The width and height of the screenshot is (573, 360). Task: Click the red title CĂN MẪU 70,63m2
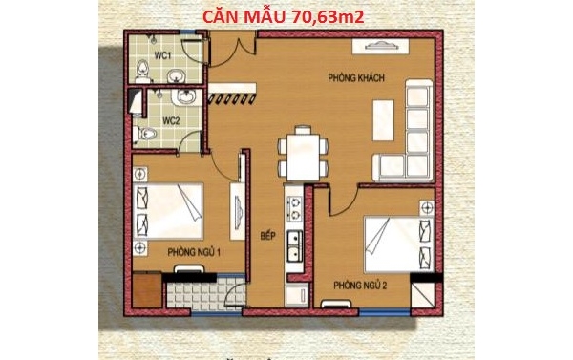[284, 17]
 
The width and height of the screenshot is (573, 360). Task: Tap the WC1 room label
[163, 55]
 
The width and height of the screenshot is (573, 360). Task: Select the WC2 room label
[171, 121]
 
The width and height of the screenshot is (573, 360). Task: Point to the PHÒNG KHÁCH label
[356, 78]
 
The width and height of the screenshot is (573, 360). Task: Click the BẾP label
[267, 236]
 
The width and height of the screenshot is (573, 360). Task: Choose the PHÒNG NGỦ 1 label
[194, 252]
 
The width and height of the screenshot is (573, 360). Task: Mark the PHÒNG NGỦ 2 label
[360, 286]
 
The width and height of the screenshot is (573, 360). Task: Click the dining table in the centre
[303, 156]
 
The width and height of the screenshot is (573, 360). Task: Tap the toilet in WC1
[142, 72]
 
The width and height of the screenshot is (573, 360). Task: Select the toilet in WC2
[145, 134]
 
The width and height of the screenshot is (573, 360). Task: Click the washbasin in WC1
[177, 76]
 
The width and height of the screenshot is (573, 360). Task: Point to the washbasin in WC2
[186, 96]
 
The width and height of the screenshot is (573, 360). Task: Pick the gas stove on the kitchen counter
[294, 209]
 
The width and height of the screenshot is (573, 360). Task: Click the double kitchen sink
[294, 246]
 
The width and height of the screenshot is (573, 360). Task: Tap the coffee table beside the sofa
[383, 120]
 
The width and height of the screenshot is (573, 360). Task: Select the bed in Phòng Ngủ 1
[168, 210]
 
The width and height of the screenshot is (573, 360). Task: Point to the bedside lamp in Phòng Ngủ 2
[427, 208]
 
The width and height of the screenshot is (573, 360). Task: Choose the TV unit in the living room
[380, 47]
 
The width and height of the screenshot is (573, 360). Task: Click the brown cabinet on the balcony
[147, 290]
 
